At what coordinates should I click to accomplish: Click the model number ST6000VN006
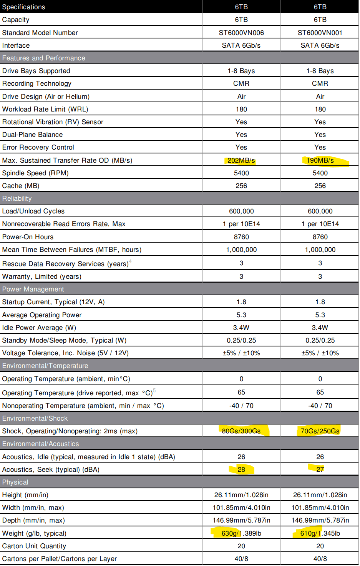point(241,33)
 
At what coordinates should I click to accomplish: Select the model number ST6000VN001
point(320,33)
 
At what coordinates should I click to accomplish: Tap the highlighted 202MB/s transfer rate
point(241,160)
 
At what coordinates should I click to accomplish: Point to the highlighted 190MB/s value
point(320,160)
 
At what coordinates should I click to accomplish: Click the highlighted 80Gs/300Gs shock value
point(241,431)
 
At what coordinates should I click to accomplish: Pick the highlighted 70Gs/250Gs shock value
point(320,431)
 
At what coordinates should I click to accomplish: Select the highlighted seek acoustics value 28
point(241,469)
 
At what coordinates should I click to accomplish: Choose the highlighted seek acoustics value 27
point(320,469)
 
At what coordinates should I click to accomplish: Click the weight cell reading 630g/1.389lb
point(241,533)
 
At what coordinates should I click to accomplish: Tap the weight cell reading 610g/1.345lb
point(320,533)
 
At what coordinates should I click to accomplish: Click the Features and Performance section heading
point(43,58)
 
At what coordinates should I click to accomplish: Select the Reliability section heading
point(17,198)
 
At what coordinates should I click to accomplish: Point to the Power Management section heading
point(33,289)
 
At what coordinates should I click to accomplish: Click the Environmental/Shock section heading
point(35,418)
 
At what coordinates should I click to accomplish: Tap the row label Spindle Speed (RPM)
point(35,173)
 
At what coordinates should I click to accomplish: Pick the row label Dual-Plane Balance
point(32,135)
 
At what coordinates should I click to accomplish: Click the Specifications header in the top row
point(23,7)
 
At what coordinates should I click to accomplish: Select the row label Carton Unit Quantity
point(34,546)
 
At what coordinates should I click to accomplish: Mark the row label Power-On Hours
point(28,237)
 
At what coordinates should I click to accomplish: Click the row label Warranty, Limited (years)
point(41,276)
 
